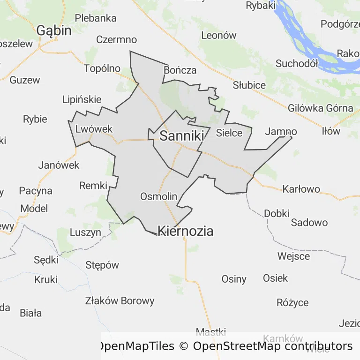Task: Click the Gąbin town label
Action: click(54, 31)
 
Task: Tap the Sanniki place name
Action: click(182, 136)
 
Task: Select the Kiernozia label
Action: click(186, 231)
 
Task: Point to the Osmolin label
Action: click(158, 196)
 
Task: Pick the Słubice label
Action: click(249, 85)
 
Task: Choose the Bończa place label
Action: click(180, 70)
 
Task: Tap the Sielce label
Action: click(229, 133)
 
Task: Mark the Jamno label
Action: click(281, 132)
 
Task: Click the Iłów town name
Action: click(331, 131)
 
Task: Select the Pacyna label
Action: click(36, 191)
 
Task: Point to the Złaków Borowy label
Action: click(120, 301)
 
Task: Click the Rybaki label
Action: click(261, 6)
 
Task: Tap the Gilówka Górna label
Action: click(321, 108)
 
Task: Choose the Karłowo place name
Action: click(301, 189)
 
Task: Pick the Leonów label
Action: click(219, 35)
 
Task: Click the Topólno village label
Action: click(102, 68)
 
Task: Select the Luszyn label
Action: click(85, 232)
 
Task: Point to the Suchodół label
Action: click(297, 63)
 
